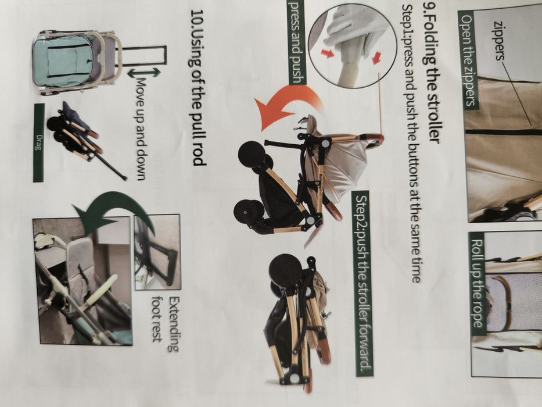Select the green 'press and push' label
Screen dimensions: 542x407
click(x=297, y=42)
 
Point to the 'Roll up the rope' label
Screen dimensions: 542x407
click(x=478, y=284)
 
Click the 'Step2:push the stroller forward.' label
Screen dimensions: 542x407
click(x=364, y=283)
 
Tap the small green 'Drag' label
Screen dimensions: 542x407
click(x=39, y=142)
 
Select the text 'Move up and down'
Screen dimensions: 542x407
click(x=141, y=128)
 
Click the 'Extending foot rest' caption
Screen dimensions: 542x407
click(x=166, y=324)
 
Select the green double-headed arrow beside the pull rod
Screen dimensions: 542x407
click(x=145, y=73)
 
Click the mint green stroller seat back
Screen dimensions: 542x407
click(x=62, y=60)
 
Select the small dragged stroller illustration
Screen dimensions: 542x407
click(x=87, y=142)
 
